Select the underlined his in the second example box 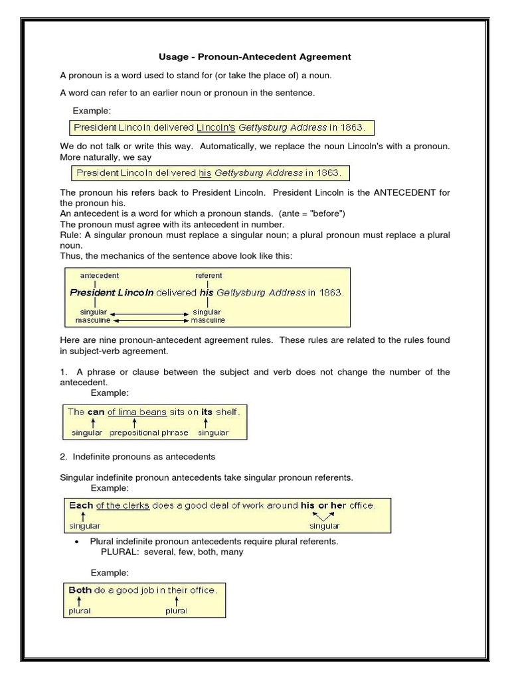(205, 173)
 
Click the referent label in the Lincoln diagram (209, 275)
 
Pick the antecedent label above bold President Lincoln (100, 275)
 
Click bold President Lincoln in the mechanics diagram (112, 292)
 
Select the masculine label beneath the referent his (208, 320)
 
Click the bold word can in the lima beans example (96, 412)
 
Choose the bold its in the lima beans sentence (207, 412)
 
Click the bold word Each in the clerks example (81, 505)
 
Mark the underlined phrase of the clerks (123, 505)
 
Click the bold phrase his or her (323, 505)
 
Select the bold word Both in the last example (80, 589)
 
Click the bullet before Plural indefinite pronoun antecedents (78, 542)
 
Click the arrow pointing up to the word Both (79, 600)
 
